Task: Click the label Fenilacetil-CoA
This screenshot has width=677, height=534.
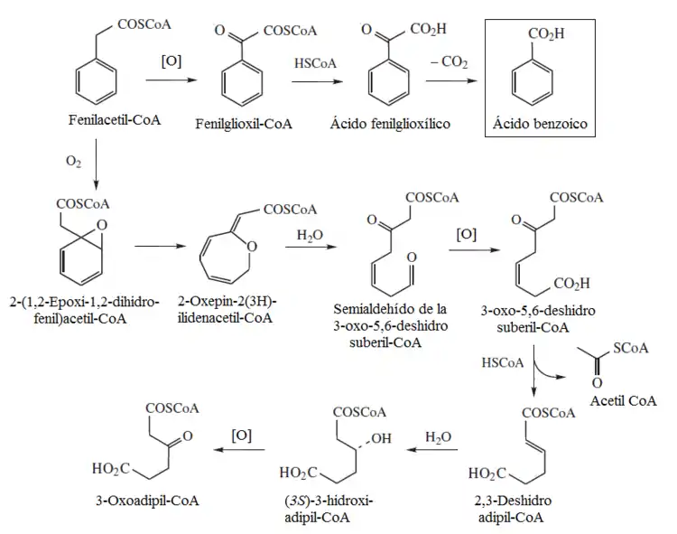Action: [x=114, y=120]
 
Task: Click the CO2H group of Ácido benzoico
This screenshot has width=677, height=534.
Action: [x=546, y=34]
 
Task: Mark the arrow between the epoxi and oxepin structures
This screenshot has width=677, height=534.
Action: [x=160, y=245]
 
